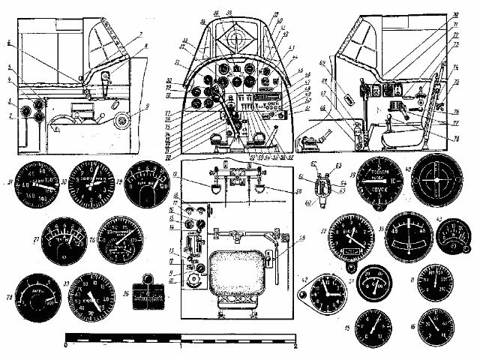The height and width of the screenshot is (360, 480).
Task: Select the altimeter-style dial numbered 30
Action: (93, 184)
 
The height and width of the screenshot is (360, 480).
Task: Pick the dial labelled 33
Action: (101, 295)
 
